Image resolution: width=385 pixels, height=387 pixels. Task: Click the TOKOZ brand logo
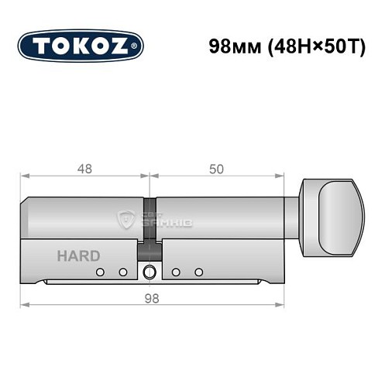coord(81,45)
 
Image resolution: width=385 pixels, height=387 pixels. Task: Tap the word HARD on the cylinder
coord(77,255)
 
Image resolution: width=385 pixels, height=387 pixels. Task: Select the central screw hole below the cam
coord(149,271)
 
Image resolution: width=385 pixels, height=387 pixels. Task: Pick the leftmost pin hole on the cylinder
coord(100,272)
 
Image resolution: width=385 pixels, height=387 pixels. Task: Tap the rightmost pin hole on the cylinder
coord(198,272)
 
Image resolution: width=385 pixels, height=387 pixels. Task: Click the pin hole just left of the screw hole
coord(122,272)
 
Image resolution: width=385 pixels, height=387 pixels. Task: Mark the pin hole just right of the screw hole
coord(176,272)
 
